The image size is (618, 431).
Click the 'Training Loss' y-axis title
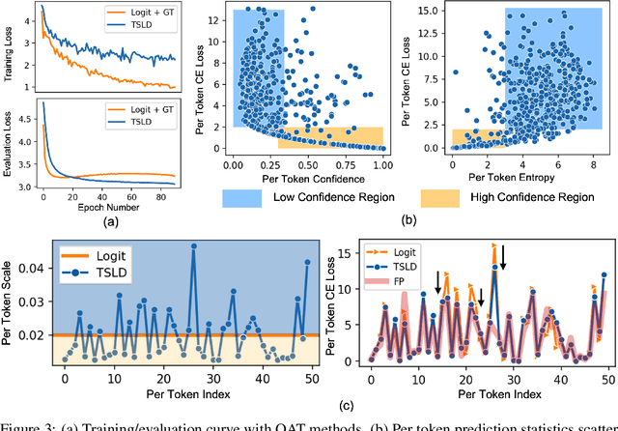click(x=8, y=45)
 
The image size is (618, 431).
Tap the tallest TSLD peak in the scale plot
click(x=194, y=245)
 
